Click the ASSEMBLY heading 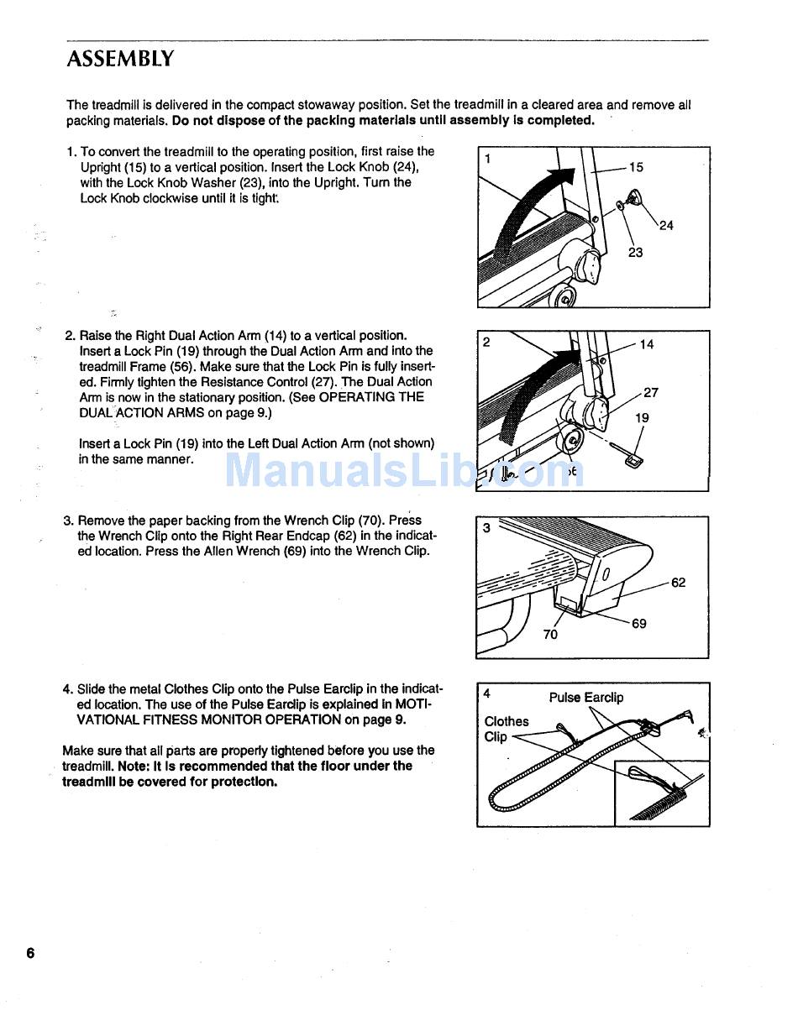120,60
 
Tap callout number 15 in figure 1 636,167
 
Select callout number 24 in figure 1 666,225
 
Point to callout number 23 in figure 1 635,252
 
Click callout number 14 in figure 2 646,344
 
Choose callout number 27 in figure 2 651,392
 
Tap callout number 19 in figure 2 642,417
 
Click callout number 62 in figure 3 678,583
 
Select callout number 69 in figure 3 638,624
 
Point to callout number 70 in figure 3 549,635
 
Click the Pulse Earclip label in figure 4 586,698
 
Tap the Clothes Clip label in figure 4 506,729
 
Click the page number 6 30,953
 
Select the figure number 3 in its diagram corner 486,528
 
